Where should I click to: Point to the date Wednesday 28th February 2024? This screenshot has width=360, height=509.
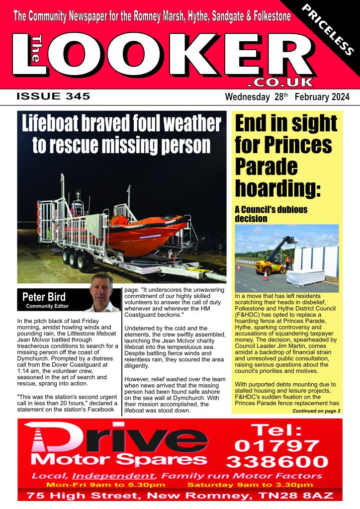287,96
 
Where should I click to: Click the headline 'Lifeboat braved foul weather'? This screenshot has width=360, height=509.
121,124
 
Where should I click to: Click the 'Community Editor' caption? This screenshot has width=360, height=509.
47,306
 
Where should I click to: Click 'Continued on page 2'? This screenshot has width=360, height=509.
316,411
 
